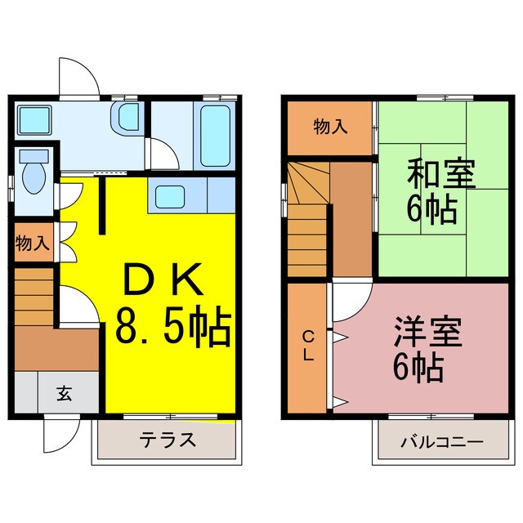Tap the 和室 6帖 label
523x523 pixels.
431,192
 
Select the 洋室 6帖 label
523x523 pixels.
418,348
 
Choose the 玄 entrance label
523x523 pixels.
62,393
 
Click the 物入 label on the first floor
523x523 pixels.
33,243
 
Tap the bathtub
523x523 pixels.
215,133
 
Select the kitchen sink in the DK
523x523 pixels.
171,196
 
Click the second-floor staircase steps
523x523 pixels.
307,221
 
